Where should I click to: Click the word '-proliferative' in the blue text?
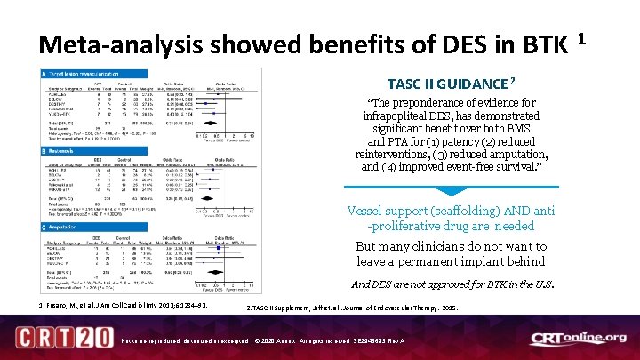click(x=390, y=226)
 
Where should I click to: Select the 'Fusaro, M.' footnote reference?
click(x=62, y=308)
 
